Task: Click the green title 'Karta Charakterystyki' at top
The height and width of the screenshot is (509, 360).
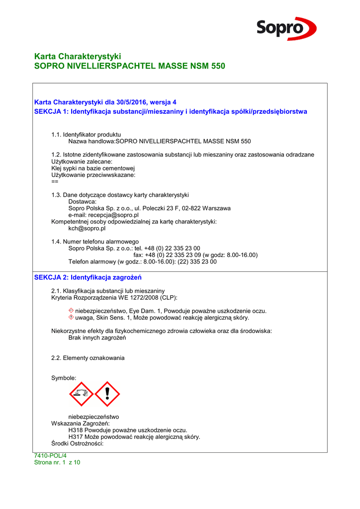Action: [x=78, y=56]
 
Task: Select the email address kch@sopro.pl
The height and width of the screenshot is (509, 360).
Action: [x=87, y=229]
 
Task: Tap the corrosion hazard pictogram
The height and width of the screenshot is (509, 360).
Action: [x=81, y=394]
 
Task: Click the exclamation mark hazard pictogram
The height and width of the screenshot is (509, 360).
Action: [x=107, y=394]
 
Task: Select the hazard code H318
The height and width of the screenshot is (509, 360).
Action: [x=76, y=430]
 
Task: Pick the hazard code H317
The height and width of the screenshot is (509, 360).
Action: [x=76, y=437]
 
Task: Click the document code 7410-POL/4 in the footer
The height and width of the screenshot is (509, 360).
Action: [x=50, y=455]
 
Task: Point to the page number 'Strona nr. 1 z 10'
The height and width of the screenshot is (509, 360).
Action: [x=57, y=462]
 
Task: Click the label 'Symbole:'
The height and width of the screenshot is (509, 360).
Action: [x=64, y=378]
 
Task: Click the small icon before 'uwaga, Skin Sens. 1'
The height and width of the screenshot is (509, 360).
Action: [x=71, y=317]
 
